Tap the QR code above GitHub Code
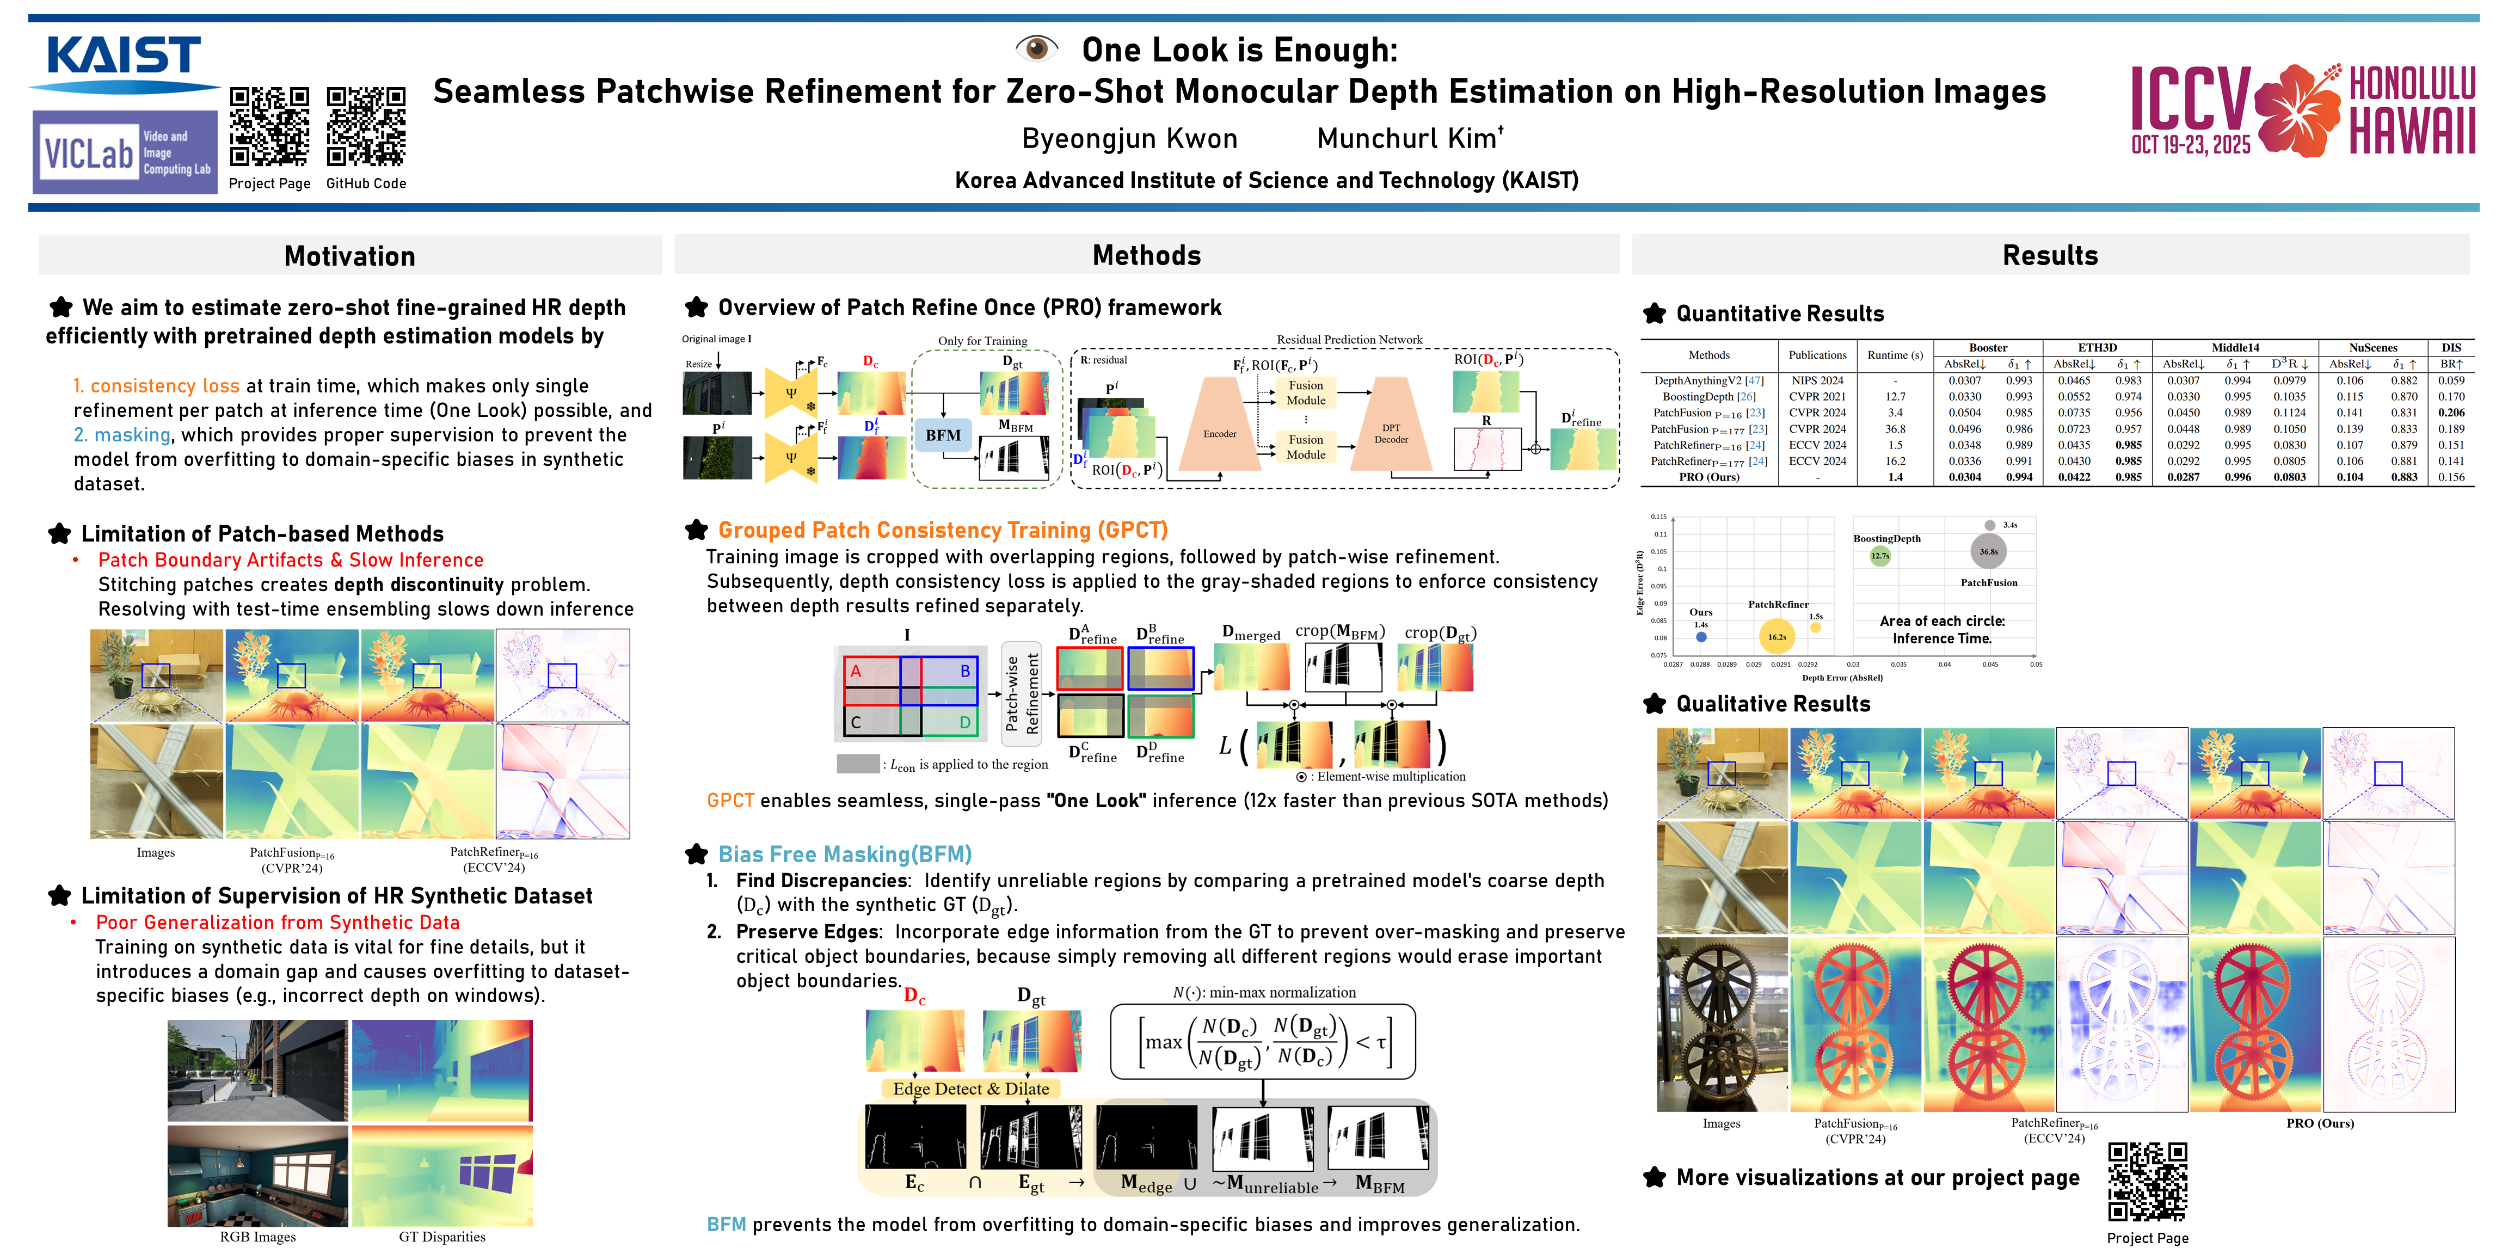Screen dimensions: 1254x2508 coord(366,127)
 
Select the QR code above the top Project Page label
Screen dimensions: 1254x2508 coord(270,127)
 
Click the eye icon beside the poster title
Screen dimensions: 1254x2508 coord(1036,48)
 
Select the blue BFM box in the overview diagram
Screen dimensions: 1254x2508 coord(943,435)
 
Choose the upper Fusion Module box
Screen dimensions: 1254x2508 coord(1306,392)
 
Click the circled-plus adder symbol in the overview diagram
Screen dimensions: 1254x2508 coord(1535,449)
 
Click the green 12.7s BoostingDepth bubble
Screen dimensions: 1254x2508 coord(1880,556)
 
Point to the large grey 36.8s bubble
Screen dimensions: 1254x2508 coord(1988,551)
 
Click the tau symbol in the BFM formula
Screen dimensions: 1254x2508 coord(1381,1042)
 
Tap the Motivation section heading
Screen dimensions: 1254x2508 coord(349,256)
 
